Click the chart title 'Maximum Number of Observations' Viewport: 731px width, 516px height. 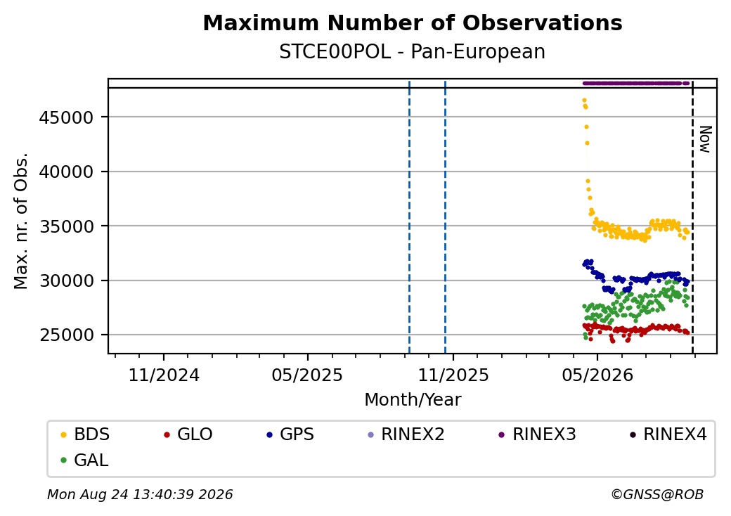413,22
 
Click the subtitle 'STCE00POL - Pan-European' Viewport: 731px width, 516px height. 412,52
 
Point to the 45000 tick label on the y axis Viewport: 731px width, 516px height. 66,117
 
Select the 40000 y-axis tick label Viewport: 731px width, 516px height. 66,172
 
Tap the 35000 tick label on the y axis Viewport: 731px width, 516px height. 66,226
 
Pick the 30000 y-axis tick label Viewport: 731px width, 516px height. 66,281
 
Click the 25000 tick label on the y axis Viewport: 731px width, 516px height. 66,335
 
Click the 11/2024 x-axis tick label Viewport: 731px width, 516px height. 164,375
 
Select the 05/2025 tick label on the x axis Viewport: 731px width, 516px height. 307,375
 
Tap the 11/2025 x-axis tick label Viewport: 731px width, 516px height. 453,375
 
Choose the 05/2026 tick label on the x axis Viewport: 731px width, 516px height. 597,375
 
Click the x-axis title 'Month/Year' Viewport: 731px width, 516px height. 413,400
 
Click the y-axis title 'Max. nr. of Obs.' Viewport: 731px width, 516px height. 21,221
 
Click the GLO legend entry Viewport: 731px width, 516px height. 188,434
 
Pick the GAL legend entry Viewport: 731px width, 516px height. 84,460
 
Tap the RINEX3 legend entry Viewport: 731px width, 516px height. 537,434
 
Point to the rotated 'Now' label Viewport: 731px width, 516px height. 705,139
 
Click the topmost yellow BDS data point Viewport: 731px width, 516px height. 584,101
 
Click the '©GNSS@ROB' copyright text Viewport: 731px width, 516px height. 657,494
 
